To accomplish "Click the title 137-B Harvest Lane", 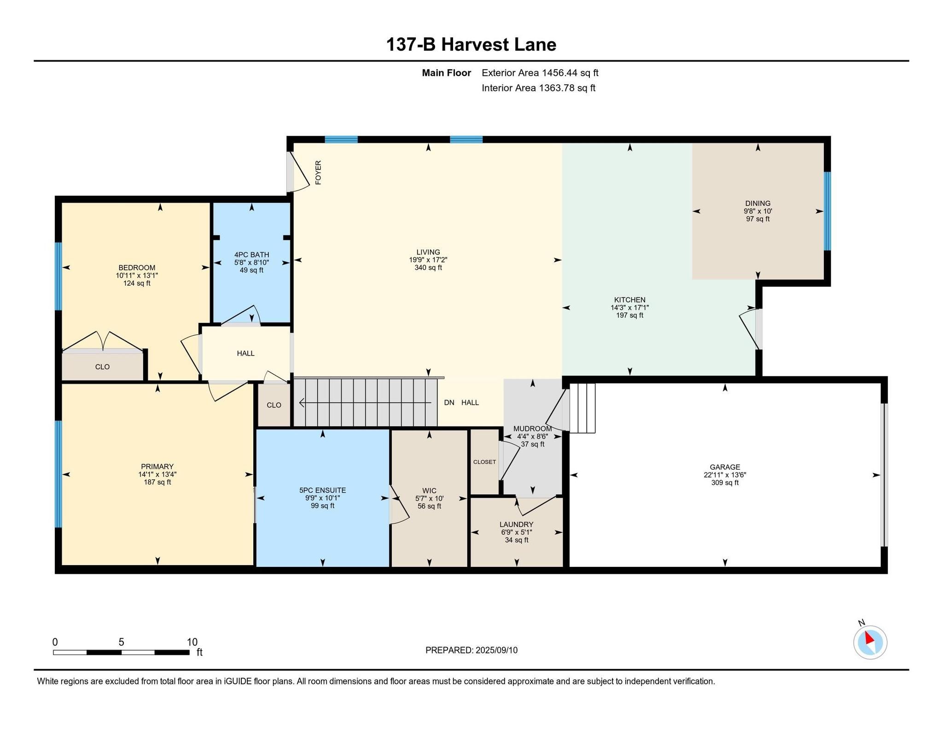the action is (471, 45).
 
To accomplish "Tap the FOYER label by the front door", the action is (318, 173).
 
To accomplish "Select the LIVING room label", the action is (428, 252).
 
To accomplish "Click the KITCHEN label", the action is (630, 300).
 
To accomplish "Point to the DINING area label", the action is (758, 203).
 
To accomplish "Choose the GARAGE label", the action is (725, 467).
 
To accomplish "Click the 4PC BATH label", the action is (251, 255).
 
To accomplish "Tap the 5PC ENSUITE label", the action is (322, 490).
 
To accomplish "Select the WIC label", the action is (429, 490).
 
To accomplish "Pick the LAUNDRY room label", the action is (517, 525).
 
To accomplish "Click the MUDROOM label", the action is (532, 429).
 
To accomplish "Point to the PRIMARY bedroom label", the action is (157, 467).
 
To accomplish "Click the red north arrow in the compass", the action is (869, 638).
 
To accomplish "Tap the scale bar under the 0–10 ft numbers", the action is (121, 652).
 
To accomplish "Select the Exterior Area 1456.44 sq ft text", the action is (540, 73).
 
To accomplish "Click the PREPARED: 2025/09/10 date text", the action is (471, 650).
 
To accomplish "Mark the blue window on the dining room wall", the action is (827, 211).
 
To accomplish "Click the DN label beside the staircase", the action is (449, 402).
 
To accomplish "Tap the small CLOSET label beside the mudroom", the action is (484, 462).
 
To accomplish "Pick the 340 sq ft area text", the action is (428, 268).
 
